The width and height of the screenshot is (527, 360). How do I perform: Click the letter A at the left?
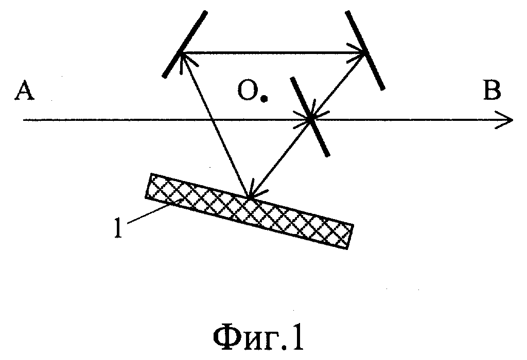click(x=24, y=90)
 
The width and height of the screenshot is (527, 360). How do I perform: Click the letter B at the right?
click(x=491, y=89)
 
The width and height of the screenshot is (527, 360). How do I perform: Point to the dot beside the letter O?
click(x=265, y=98)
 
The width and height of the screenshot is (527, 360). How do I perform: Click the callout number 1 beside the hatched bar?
click(x=118, y=228)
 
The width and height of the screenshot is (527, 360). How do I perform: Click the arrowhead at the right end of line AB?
click(x=504, y=119)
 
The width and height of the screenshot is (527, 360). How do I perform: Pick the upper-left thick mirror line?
click(x=185, y=44)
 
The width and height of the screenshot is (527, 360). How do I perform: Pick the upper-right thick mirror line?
click(x=365, y=50)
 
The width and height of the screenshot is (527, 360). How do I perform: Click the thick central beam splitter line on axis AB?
click(x=310, y=117)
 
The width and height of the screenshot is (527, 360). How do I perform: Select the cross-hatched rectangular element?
click(x=250, y=211)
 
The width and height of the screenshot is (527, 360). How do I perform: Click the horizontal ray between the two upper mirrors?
click(x=272, y=53)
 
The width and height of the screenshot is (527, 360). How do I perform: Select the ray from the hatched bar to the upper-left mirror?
click(x=216, y=125)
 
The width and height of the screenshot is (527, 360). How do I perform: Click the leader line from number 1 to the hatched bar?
click(x=154, y=210)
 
